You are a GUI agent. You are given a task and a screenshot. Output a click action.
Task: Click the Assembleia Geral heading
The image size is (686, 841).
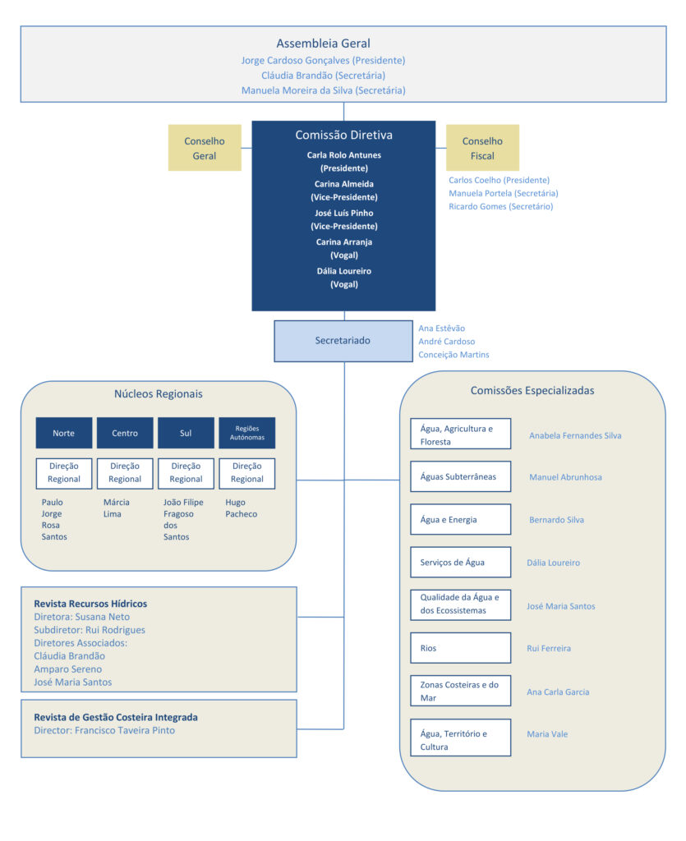[323, 44]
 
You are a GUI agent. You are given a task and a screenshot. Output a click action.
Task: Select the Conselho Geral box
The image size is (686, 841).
[205, 148]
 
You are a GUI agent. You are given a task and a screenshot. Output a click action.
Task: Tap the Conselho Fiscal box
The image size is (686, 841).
[482, 148]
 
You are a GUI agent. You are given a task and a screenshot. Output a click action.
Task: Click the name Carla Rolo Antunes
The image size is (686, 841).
[344, 155]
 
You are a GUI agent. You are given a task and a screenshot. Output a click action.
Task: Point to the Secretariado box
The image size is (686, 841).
[343, 341]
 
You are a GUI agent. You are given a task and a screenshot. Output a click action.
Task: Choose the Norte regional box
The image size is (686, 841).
[64, 433]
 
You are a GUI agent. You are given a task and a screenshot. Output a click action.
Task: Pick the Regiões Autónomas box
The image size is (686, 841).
[247, 433]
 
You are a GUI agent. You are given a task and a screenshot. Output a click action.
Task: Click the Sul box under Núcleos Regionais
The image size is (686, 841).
[186, 433]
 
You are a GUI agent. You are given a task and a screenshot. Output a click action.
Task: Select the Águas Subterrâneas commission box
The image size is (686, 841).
[460, 476]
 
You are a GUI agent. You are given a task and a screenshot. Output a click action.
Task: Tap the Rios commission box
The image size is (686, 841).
[460, 648]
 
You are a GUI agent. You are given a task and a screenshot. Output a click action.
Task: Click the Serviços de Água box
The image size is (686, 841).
[460, 563]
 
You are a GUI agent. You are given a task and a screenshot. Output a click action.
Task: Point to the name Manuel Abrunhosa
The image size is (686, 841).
[564, 477]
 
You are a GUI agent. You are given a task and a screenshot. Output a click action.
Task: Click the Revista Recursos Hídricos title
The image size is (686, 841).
[90, 604]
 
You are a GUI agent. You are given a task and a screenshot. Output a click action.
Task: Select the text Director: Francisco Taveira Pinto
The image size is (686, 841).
[104, 730]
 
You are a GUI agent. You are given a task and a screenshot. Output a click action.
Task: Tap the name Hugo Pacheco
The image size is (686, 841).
[241, 508]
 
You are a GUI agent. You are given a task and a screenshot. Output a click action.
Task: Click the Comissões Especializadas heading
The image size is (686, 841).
[532, 391]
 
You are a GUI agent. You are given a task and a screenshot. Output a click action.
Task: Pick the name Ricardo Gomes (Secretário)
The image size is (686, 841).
[500, 206]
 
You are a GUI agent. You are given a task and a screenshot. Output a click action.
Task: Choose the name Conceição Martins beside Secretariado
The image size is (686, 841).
[453, 355]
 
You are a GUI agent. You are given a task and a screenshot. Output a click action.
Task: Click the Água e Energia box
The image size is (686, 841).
[460, 520]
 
